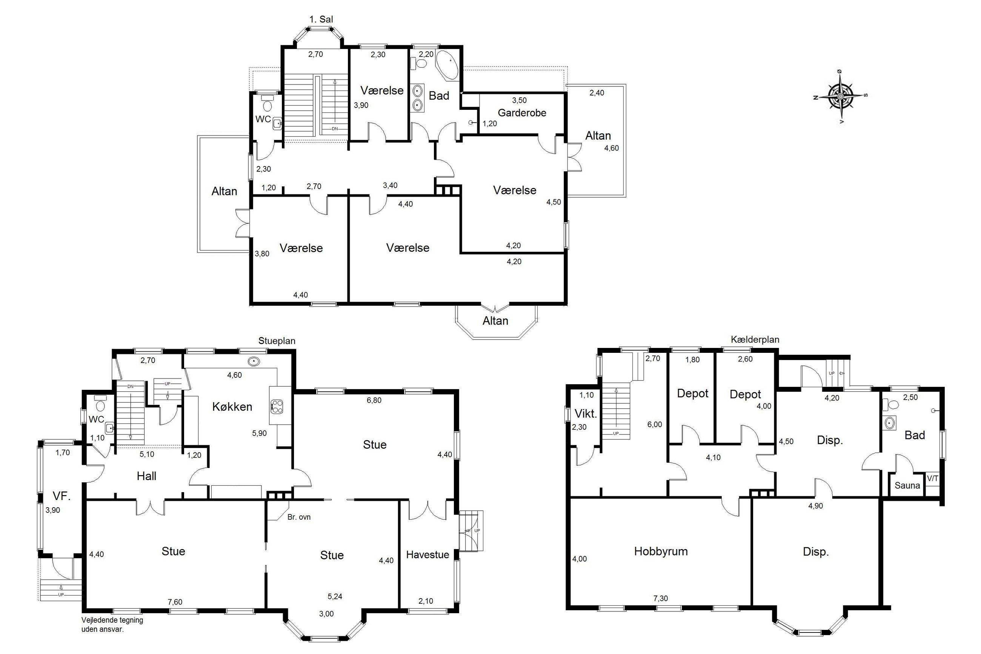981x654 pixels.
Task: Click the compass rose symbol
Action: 840,96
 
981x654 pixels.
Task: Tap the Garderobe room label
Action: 522,112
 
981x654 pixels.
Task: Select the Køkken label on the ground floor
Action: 232,407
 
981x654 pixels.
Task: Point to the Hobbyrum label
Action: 661,551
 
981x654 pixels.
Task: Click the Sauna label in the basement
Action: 907,485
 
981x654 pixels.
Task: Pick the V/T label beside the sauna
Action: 933,479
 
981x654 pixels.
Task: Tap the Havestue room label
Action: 427,555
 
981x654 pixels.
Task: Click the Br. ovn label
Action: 299,517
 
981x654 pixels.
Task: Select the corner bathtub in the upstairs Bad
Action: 447,65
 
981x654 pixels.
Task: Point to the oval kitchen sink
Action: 254,361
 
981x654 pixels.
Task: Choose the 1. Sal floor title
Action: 321,19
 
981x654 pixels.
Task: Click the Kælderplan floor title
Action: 755,340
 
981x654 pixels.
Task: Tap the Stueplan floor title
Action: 277,341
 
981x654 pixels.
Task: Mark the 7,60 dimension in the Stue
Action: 175,602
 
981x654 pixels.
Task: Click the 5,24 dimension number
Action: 335,596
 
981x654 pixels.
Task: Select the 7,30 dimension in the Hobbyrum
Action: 660,599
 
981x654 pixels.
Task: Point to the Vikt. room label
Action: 586,414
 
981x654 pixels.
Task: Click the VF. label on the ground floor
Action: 61,496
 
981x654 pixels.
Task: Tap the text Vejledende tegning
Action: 112,620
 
